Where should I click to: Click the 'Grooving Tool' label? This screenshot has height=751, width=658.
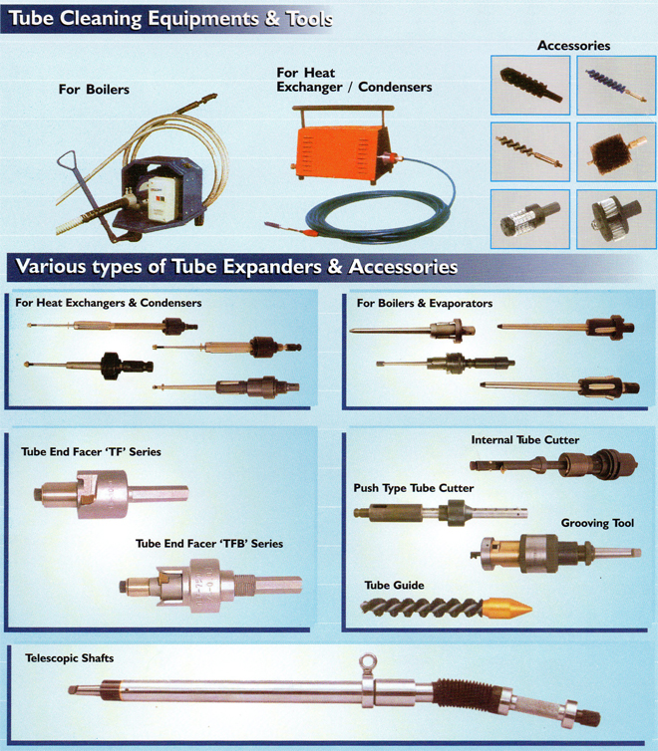point(597,523)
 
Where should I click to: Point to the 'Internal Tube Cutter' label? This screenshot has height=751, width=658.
point(525,439)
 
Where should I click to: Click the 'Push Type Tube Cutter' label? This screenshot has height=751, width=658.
point(414,488)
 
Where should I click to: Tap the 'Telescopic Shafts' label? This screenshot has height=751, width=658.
point(70,658)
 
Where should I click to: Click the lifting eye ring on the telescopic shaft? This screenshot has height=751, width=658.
point(369,663)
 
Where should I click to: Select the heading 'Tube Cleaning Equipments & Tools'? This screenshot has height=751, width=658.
point(171,19)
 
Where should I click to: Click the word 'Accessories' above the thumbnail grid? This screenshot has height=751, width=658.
point(573,46)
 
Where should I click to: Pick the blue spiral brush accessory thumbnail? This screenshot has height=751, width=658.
point(616,86)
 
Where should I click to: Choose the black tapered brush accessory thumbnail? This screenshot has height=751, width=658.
point(530,86)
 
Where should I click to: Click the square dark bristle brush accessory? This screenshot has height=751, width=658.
point(616,151)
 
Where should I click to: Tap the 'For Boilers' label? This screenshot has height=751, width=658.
point(94,90)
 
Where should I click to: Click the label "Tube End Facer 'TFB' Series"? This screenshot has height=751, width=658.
point(209,544)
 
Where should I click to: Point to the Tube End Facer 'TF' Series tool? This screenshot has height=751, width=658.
point(111,494)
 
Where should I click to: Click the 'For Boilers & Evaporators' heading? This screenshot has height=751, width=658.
point(425,303)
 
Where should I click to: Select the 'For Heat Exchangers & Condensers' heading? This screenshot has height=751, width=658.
point(109,303)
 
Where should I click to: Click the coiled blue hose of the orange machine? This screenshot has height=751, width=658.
point(379,211)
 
